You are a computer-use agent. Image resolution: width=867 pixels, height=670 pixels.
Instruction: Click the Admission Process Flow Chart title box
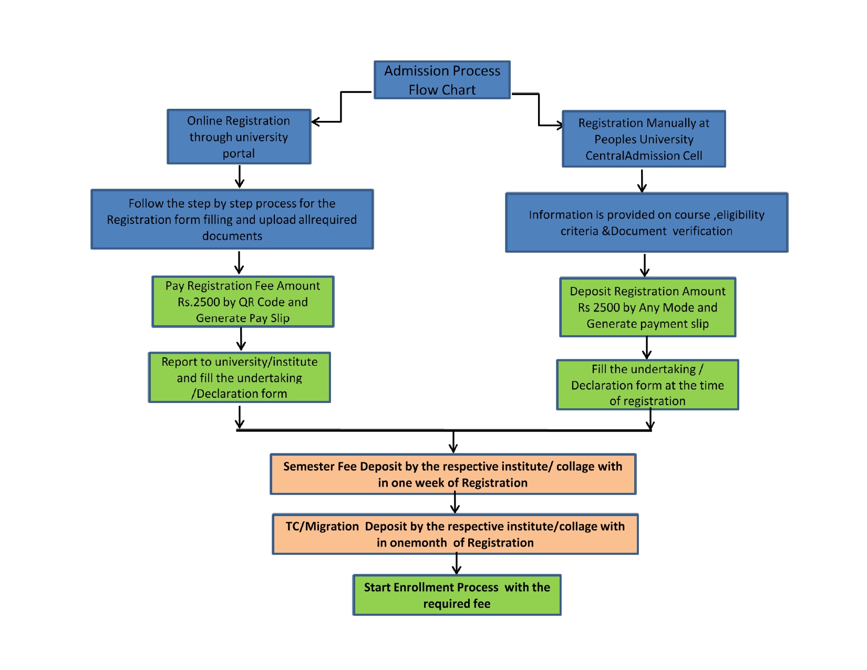pyautogui.click(x=442, y=80)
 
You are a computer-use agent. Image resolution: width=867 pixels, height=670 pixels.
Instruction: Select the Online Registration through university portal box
pyautogui.click(x=239, y=137)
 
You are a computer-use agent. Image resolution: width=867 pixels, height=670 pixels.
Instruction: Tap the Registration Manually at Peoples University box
pyautogui.click(x=643, y=139)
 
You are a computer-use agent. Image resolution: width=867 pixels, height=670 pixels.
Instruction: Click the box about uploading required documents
pyautogui.click(x=232, y=219)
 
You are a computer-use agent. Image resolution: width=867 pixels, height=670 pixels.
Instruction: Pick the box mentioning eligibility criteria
pyautogui.click(x=646, y=223)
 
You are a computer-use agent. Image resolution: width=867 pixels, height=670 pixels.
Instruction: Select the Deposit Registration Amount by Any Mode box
pyautogui.click(x=647, y=307)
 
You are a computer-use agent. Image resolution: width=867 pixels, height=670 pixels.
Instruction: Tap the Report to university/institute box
pyautogui.click(x=240, y=377)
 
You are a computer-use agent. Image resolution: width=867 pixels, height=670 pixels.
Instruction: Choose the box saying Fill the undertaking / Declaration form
pyautogui.click(x=647, y=385)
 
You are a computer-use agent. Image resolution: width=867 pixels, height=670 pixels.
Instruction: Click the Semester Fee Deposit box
pyautogui.click(x=453, y=474)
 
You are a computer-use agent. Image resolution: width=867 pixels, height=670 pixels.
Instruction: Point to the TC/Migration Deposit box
pyautogui.click(x=455, y=534)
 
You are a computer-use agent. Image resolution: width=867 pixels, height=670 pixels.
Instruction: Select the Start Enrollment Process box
pyautogui.click(x=457, y=595)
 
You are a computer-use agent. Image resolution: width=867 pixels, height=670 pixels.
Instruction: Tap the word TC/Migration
pyautogui.click(x=322, y=527)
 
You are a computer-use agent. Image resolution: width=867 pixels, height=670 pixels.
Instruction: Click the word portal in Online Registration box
pyautogui.click(x=238, y=153)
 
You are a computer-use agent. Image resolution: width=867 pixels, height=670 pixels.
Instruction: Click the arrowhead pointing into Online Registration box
pyautogui.click(x=315, y=122)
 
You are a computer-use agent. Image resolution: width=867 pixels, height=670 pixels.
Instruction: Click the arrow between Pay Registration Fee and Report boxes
pyautogui.click(x=241, y=339)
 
